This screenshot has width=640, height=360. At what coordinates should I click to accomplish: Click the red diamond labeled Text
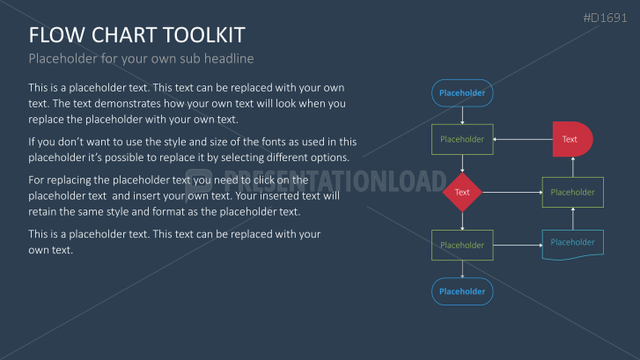(462, 192)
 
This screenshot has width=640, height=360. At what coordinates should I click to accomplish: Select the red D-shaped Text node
(572, 139)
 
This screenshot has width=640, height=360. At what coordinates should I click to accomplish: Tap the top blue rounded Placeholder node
(462, 93)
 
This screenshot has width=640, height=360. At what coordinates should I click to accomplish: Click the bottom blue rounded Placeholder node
(462, 291)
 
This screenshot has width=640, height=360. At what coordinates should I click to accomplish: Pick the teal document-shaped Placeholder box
(572, 245)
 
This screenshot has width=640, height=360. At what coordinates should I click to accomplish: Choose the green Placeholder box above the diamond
(462, 139)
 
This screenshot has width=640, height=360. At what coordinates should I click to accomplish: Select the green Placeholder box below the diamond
(462, 245)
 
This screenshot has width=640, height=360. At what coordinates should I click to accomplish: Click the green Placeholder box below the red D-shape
(572, 192)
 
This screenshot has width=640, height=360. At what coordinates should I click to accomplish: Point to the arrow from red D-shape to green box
(523, 139)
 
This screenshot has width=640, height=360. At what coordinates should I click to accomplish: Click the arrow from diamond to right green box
(512, 192)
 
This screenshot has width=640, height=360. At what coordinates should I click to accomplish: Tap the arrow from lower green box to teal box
(518, 246)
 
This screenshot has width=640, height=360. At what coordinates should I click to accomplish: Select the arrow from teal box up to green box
(573, 219)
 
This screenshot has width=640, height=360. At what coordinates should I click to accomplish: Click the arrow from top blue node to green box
(462, 115)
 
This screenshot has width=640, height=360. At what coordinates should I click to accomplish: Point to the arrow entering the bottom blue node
(462, 269)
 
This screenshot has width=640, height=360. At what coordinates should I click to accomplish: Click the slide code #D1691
(605, 18)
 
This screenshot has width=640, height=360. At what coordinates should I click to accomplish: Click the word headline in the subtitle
(229, 58)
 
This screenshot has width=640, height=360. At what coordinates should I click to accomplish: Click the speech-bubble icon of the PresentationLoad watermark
(198, 183)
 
